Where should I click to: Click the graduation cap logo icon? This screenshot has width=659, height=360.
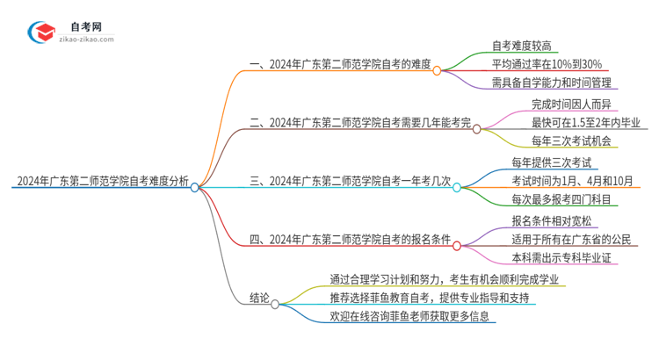click(41, 32)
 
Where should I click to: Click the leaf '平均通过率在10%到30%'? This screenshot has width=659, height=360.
click(545, 63)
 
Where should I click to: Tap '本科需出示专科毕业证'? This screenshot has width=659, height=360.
click(566, 257)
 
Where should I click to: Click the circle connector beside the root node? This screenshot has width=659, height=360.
click(195, 186)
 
